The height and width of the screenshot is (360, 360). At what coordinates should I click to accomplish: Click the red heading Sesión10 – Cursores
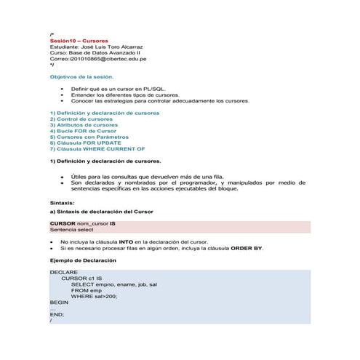[x=79, y=41]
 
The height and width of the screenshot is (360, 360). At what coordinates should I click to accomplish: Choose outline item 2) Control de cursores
[x=81, y=119]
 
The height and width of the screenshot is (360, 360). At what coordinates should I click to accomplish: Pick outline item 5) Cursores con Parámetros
[x=89, y=136]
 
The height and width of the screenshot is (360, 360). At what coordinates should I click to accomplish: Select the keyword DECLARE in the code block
[x=64, y=273]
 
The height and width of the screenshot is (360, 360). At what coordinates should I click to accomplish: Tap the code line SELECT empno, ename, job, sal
[x=114, y=284]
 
